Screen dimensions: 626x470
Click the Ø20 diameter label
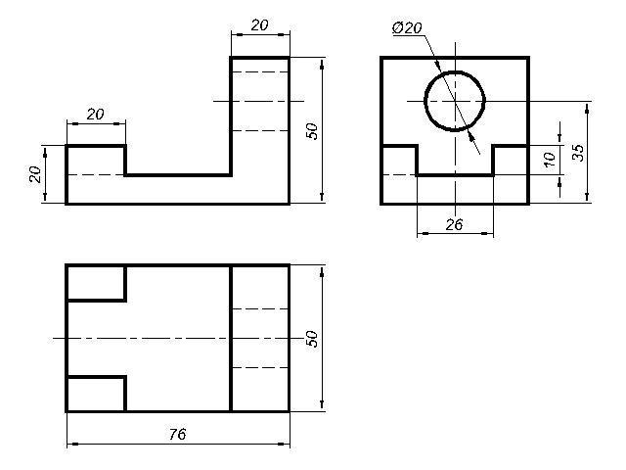click(x=407, y=28)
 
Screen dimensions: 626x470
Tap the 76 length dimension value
click(x=177, y=434)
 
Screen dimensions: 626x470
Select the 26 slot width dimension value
click(x=454, y=224)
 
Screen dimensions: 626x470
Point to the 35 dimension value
click(x=578, y=152)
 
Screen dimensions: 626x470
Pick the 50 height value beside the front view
click(x=313, y=131)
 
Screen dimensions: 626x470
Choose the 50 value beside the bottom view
click(x=313, y=338)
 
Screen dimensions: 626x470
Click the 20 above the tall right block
click(x=259, y=25)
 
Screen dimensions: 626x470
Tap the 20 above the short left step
click(x=95, y=114)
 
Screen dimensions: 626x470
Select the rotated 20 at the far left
click(x=35, y=174)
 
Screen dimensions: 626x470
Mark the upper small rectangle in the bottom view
click(x=96, y=282)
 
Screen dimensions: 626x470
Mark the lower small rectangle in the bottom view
click(x=96, y=394)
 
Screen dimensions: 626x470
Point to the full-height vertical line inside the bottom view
click(x=230, y=338)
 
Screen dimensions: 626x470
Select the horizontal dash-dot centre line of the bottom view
click(x=147, y=338)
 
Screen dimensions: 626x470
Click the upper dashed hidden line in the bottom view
click(x=259, y=308)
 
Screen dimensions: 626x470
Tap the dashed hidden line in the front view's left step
click(x=96, y=174)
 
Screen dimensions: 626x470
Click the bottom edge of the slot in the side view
click(x=454, y=174)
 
